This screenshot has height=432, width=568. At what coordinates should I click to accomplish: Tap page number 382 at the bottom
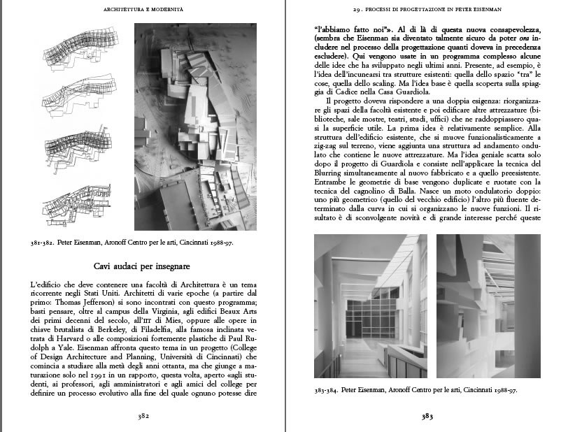pyautogui.click(x=143, y=417)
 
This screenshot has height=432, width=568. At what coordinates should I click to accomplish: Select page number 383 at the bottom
pyautogui.click(x=428, y=417)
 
